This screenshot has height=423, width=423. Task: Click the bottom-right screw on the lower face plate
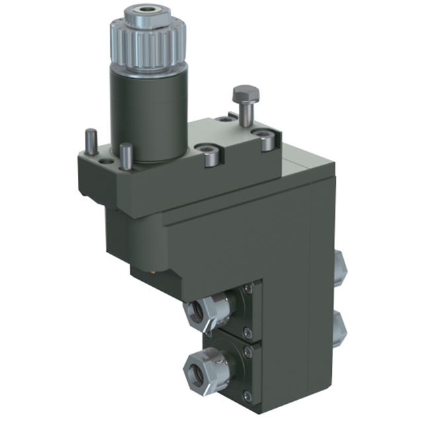pyautogui.click(x=247, y=395)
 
